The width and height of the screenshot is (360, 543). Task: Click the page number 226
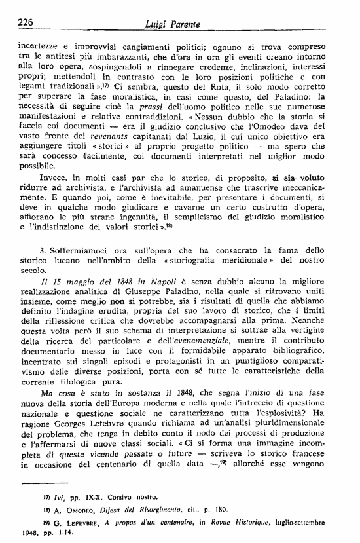(26, 22)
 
